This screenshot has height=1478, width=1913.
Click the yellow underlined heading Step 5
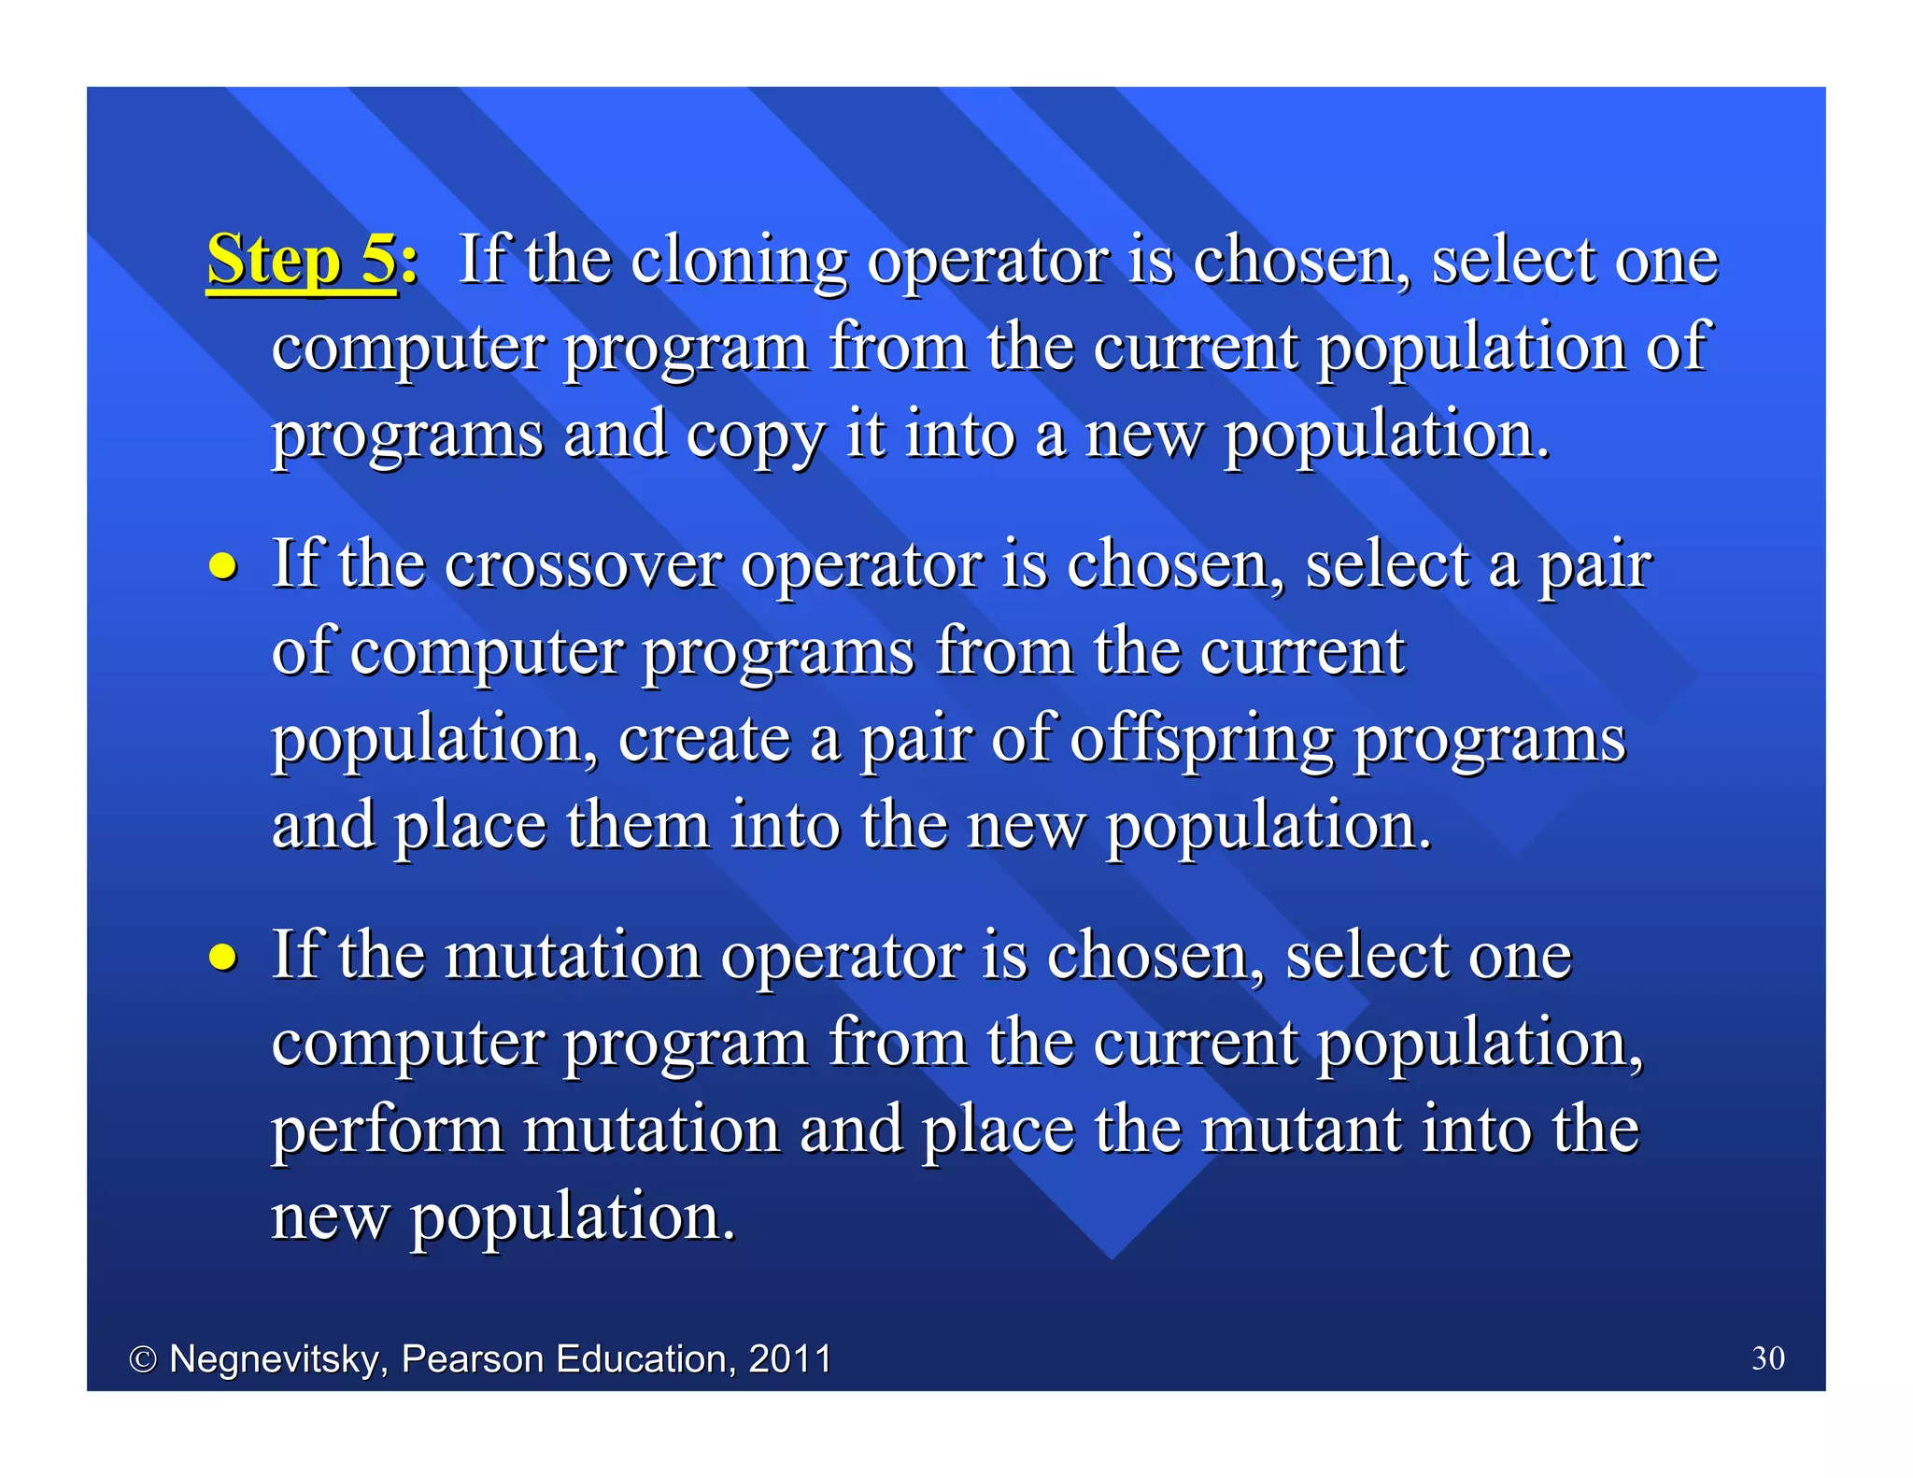pyautogui.click(x=302, y=260)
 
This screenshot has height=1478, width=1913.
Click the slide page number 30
pyautogui.click(x=1767, y=1357)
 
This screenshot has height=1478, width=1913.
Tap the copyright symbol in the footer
pyautogui.click(x=143, y=1359)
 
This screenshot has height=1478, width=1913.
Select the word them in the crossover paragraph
pyautogui.click(x=637, y=827)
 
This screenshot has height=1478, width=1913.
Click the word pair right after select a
pyautogui.click(x=1594, y=566)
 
